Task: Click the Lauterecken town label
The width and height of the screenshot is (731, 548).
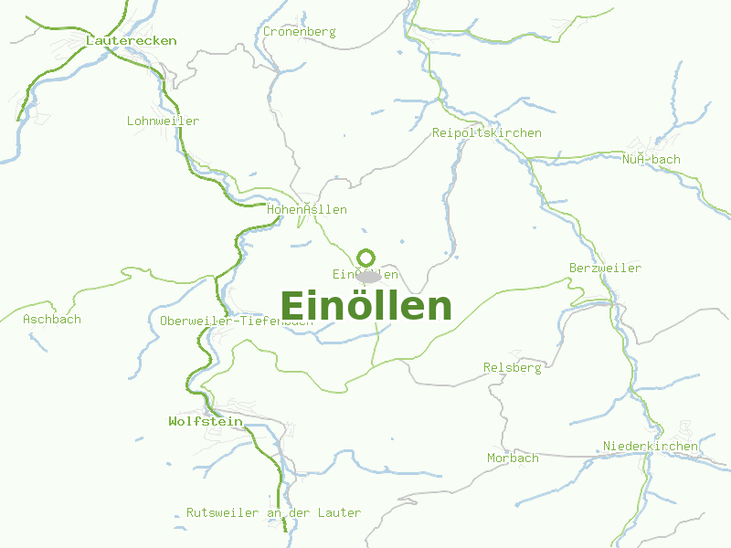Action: (x=131, y=41)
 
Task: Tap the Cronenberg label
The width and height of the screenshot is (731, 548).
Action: (x=299, y=32)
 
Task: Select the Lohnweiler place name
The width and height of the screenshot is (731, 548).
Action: (x=163, y=121)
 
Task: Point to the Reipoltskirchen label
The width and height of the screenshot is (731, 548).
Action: (x=486, y=133)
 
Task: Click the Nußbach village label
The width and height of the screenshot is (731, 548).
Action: (x=652, y=160)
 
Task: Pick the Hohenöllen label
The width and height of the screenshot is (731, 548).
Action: (x=307, y=210)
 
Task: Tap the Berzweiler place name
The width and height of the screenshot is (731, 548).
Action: (x=605, y=269)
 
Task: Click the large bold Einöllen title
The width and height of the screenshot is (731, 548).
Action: (x=365, y=307)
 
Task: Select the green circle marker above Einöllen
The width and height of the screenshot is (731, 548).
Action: (x=365, y=258)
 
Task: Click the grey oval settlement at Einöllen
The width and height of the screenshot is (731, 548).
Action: (x=369, y=276)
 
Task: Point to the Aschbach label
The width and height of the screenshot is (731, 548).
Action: (x=52, y=320)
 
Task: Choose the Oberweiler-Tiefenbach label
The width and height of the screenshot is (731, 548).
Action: (x=236, y=321)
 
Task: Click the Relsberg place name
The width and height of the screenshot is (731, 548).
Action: (x=512, y=368)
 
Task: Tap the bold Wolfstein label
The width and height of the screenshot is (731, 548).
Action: (x=206, y=422)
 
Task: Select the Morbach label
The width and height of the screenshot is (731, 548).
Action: (x=513, y=458)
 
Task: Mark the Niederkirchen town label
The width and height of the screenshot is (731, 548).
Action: (x=650, y=447)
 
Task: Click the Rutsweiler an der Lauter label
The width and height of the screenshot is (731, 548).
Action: (x=273, y=513)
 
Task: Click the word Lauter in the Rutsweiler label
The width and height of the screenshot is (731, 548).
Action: (x=339, y=513)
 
